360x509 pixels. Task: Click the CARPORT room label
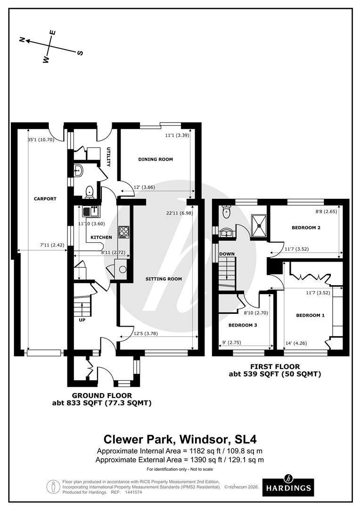point(45,199)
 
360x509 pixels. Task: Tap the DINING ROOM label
point(155,159)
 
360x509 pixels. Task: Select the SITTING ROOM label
point(164,279)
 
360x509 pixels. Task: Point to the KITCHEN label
point(101,237)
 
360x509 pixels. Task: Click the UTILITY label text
point(109,157)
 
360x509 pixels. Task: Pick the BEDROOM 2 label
point(306,228)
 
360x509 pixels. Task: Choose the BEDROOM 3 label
point(243,325)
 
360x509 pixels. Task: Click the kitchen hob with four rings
point(123,232)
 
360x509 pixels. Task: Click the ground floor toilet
point(89,192)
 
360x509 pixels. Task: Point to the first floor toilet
point(226,212)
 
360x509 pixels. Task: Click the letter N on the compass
point(22,40)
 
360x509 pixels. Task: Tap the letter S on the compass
point(80,53)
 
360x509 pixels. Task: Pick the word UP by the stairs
point(82,320)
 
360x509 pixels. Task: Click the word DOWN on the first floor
point(227,254)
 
